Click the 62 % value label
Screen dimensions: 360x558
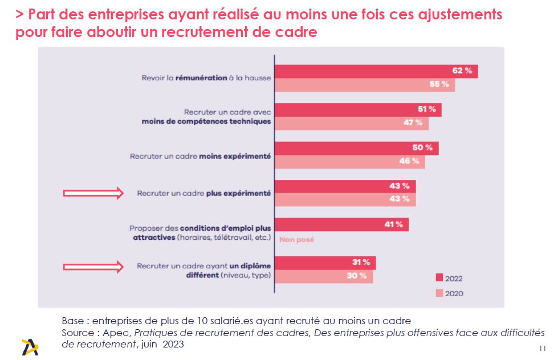tap(462, 71)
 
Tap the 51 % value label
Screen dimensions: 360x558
tap(427, 109)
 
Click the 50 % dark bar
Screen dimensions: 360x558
tap(356, 148)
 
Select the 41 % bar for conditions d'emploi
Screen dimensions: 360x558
tap(341, 224)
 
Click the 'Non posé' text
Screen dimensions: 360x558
tap(296, 240)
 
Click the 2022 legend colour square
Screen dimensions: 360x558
tap(439, 279)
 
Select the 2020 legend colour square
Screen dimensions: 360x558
tap(439, 293)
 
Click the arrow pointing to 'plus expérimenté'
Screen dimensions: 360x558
tap(93, 193)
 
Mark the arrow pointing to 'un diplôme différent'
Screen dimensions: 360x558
tap(93, 265)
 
